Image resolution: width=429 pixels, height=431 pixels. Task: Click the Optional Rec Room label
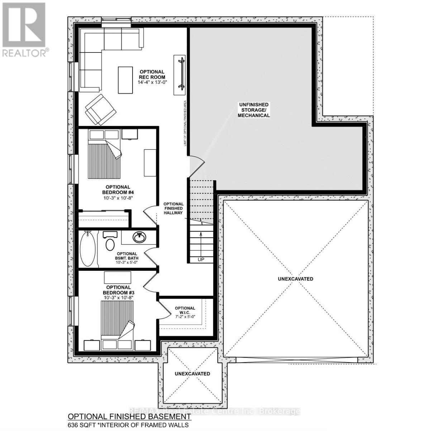click(x=152, y=74)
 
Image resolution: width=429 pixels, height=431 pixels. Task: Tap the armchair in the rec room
click(x=100, y=108)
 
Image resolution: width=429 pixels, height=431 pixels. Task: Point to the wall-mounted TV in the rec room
click(x=180, y=75)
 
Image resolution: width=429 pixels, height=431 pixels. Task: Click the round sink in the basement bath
click(x=139, y=237)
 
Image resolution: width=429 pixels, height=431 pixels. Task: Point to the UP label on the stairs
click(x=201, y=259)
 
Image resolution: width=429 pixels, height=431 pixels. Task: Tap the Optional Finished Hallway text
click(x=174, y=208)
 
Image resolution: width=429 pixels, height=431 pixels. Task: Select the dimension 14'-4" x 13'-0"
click(x=153, y=82)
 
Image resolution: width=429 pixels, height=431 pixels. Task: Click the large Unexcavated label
click(x=295, y=279)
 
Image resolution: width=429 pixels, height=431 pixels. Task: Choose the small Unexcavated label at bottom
click(x=192, y=374)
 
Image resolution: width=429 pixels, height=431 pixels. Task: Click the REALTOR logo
click(x=24, y=29)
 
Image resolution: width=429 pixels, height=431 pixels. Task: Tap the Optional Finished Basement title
click(x=129, y=417)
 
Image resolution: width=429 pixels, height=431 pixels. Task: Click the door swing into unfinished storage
click(x=196, y=163)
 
